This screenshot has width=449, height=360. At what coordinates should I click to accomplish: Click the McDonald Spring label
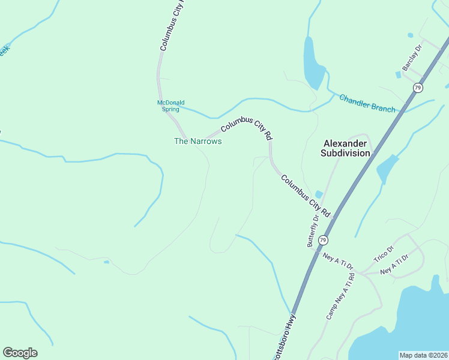[170, 106]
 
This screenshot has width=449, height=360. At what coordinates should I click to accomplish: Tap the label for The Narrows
[197, 142]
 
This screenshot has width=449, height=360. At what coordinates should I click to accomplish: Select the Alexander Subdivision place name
[346, 148]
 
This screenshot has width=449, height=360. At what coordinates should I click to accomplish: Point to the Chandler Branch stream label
[367, 103]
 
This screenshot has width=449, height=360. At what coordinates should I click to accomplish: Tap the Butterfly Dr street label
[312, 232]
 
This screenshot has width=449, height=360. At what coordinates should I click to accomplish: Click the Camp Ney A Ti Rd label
[340, 296]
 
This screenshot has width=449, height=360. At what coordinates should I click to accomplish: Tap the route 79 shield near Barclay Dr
[417, 88]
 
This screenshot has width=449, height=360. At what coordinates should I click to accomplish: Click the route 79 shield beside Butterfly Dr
[323, 240]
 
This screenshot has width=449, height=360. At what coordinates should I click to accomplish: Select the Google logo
[20, 353]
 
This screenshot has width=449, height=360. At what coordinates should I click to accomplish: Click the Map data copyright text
[423, 355]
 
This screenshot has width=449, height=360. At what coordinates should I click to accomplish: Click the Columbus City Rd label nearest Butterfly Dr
[306, 196]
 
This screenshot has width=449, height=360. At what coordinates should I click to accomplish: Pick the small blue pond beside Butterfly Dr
[319, 194]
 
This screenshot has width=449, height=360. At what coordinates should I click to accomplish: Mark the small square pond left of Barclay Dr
[398, 75]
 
